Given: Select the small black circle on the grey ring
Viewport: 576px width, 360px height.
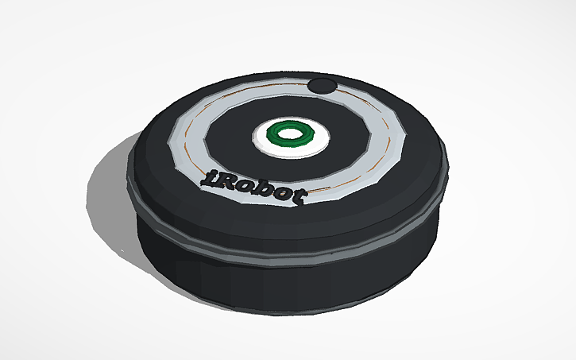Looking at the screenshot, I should point(322,86).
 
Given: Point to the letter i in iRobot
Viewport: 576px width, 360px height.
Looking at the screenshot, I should point(207,179).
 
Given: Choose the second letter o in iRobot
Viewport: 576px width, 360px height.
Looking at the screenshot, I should point(283,195).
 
